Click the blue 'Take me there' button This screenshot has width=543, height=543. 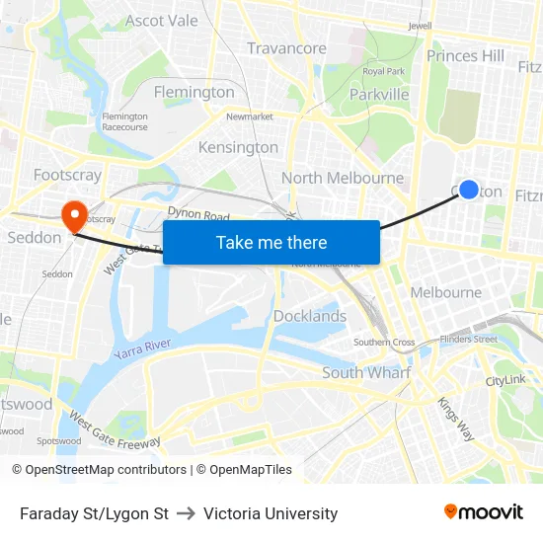271,243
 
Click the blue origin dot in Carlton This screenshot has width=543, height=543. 469,190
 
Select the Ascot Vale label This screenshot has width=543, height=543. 162,20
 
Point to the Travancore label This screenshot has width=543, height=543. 286,48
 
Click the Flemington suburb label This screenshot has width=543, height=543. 194,92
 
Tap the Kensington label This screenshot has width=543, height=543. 238,147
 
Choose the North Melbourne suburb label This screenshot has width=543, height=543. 342,178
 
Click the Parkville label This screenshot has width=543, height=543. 379,94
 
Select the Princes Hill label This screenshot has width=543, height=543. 465,56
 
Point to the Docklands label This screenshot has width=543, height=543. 309,316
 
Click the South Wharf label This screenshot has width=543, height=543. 366,372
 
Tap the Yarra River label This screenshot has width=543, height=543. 142,349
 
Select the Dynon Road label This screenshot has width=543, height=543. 198,215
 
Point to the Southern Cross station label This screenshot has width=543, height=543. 384,343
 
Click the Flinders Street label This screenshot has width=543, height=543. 470,339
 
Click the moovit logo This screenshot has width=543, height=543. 484,511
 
